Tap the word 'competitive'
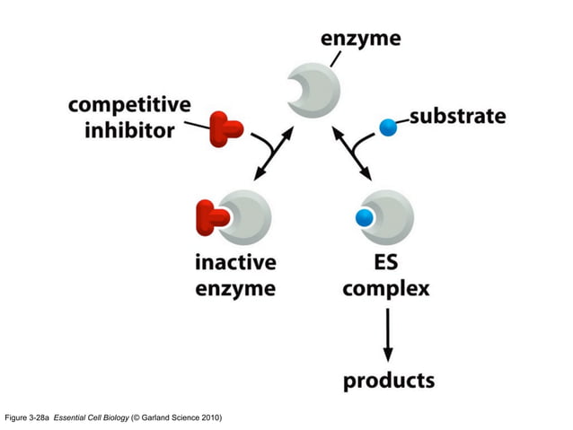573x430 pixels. click(x=130, y=104)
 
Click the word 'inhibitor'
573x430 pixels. click(x=129, y=131)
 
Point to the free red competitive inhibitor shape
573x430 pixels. click(x=225, y=129)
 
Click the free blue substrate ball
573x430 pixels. click(x=388, y=127)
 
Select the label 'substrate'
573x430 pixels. click(x=457, y=117)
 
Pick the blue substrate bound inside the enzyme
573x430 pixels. click(x=365, y=218)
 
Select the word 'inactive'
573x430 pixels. click(x=235, y=263)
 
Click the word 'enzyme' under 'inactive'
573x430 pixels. click(x=235, y=288)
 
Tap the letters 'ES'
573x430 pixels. click(x=386, y=263)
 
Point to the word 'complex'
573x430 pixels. click(x=386, y=289)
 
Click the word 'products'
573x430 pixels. click(x=388, y=381)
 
